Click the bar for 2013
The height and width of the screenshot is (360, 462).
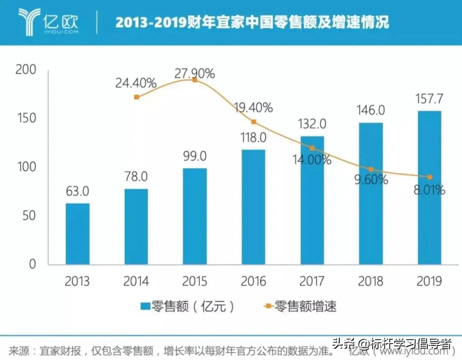[x=77, y=234]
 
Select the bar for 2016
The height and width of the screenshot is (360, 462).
[x=253, y=207]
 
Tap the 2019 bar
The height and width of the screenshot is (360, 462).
[x=429, y=187]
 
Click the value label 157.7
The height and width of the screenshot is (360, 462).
[x=429, y=99]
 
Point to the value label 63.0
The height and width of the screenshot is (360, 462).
[x=77, y=191]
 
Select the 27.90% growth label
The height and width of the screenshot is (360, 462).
[x=195, y=74]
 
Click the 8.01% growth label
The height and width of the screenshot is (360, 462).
[x=429, y=190]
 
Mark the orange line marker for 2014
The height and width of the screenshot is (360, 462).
[x=136, y=97]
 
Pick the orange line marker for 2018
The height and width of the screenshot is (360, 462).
[x=371, y=170]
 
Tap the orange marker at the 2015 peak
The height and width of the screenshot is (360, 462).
[x=195, y=80]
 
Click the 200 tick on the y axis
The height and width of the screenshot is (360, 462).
[x=27, y=70]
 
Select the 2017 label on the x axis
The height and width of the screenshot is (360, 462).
[x=312, y=281]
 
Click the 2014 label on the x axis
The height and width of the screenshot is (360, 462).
[x=136, y=281]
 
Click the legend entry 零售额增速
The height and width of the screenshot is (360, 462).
[x=299, y=306]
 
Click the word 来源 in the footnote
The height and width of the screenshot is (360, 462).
[x=19, y=352]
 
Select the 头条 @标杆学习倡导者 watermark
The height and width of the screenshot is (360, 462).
[x=392, y=344]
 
